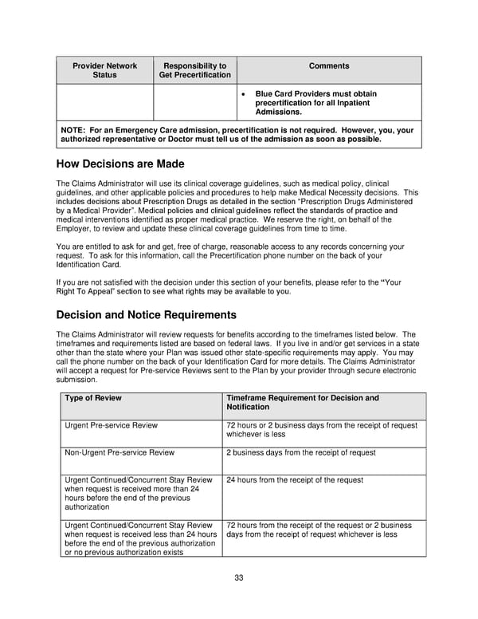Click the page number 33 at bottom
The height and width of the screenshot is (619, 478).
pos(238,578)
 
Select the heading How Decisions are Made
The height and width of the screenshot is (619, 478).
pos(121,165)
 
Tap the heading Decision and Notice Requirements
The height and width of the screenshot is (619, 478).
pos(147,314)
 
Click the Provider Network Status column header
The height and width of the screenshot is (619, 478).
pos(104,70)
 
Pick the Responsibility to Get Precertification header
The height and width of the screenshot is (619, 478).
pos(194,70)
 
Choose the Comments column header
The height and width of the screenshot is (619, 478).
pos(328,66)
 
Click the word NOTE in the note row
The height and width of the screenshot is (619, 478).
pos(74,130)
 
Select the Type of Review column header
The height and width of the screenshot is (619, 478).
pos(93,398)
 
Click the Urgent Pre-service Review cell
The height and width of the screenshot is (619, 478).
pos(111,426)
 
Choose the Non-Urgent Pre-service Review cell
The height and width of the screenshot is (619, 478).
pos(119,453)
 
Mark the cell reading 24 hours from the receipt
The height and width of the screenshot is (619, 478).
pos(295,480)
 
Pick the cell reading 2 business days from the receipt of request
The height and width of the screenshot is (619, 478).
pos(301,453)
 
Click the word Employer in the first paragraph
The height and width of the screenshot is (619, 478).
pos(77,229)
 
